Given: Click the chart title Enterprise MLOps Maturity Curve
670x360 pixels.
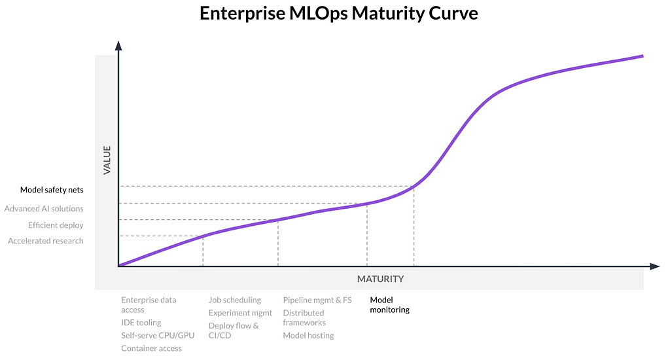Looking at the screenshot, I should (x=338, y=14).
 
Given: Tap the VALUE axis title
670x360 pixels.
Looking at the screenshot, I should (x=107, y=159).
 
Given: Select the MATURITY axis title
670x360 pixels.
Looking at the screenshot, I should (x=380, y=279).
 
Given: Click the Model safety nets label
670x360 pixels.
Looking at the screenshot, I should (x=52, y=190).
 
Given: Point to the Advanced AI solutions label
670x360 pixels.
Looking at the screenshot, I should (x=44, y=209).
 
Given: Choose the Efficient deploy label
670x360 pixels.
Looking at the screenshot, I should (x=56, y=225).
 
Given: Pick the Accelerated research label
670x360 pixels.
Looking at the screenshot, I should (x=46, y=241).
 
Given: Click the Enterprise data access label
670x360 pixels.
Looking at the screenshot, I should (x=149, y=305).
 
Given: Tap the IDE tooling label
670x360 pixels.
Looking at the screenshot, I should (x=141, y=323).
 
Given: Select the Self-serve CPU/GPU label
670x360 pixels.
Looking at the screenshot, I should (x=158, y=335).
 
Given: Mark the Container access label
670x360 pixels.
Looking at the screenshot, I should (x=151, y=348).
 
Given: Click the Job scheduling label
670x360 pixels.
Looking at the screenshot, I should (x=235, y=300).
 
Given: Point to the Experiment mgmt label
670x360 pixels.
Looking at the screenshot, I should (x=240, y=313).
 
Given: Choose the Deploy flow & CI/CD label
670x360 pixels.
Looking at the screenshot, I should (x=234, y=331).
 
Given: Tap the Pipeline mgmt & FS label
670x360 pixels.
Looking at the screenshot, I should (x=317, y=300).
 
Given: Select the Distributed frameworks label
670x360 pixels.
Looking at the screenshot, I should (x=304, y=317).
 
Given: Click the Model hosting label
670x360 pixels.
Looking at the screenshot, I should (x=308, y=335).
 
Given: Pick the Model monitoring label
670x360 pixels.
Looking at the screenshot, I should (x=389, y=305).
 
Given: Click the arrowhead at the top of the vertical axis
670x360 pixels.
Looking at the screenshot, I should (x=118, y=45).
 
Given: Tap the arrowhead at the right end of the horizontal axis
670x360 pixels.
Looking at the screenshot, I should (x=654, y=266).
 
